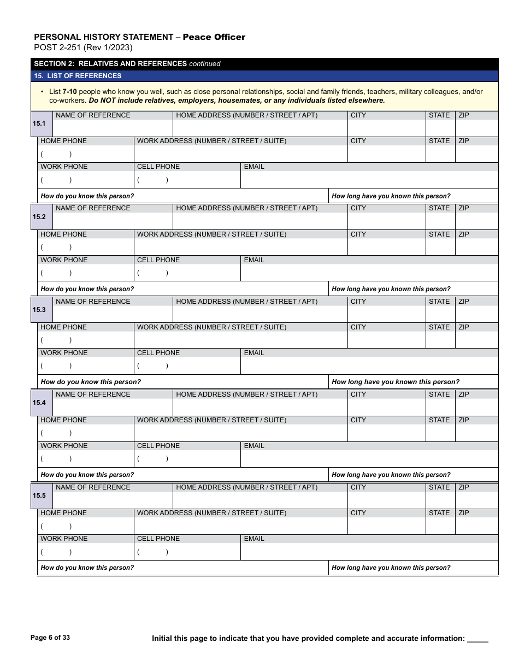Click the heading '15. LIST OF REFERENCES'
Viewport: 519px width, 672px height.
point(78,76)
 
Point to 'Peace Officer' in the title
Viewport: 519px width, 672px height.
point(214,37)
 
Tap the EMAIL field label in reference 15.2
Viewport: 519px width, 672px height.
point(254,260)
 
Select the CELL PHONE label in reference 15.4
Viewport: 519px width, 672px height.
point(158,446)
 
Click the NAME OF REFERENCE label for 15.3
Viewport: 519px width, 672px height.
point(93,302)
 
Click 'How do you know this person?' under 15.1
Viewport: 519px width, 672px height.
point(87,196)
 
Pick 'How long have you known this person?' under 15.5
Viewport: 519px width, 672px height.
point(391,568)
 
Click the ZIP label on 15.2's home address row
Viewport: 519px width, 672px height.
point(464,208)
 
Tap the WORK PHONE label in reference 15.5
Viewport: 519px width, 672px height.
point(64,539)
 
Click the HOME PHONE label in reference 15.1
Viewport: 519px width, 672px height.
point(63,141)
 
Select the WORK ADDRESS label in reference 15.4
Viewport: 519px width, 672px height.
point(211,420)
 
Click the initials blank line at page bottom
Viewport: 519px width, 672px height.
point(478,639)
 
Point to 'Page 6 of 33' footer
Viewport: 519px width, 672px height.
point(50,638)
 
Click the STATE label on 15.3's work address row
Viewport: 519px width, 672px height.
point(439,327)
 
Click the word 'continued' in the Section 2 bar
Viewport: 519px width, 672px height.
point(205,64)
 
